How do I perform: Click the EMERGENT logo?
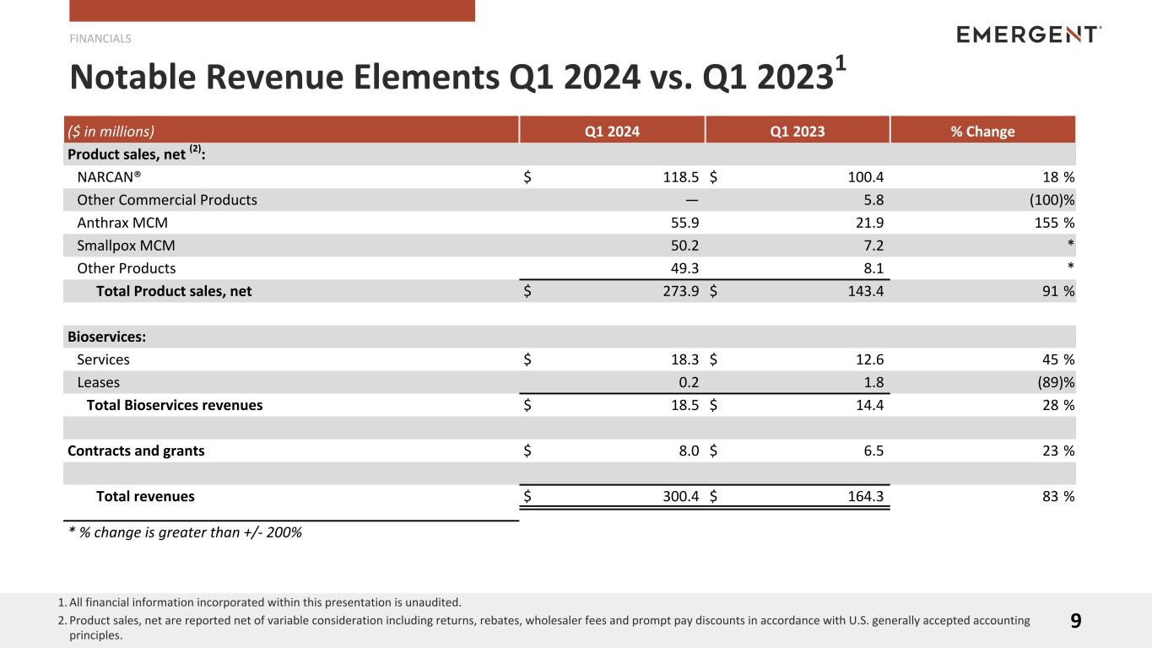(x=1028, y=35)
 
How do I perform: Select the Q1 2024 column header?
(x=612, y=131)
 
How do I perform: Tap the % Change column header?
(x=982, y=131)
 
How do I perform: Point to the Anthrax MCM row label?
(x=122, y=223)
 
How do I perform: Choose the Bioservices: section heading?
(x=106, y=337)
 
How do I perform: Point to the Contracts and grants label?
(x=136, y=451)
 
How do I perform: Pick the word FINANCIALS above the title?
(x=100, y=38)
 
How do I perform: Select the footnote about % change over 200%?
(x=185, y=532)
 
